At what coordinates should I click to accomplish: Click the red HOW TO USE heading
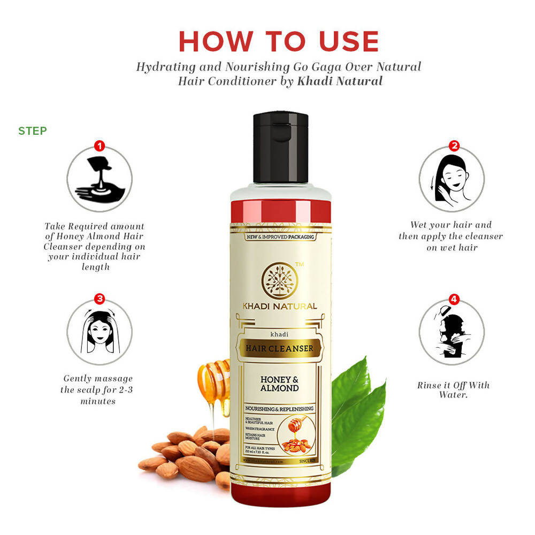pyautogui.click(x=278, y=42)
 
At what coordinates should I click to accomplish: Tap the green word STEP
pyautogui.click(x=33, y=131)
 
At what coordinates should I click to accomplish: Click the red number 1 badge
pyautogui.click(x=100, y=146)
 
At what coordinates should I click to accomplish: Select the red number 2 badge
pyautogui.click(x=454, y=146)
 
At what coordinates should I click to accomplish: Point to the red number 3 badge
pyautogui.click(x=100, y=299)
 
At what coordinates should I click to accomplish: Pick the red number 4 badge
pyautogui.click(x=454, y=299)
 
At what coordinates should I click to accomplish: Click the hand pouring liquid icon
pyautogui.click(x=99, y=179)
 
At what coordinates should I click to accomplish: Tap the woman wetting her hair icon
pyautogui.click(x=452, y=179)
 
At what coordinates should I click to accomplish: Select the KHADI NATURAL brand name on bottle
pyautogui.click(x=279, y=307)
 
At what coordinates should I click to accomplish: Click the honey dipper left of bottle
pyautogui.click(x=214, y=383)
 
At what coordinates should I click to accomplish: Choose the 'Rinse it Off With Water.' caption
pyautogui.click(x=453, y=389)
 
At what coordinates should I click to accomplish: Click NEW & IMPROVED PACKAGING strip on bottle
pyautogui.click(x=279, y=236)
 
